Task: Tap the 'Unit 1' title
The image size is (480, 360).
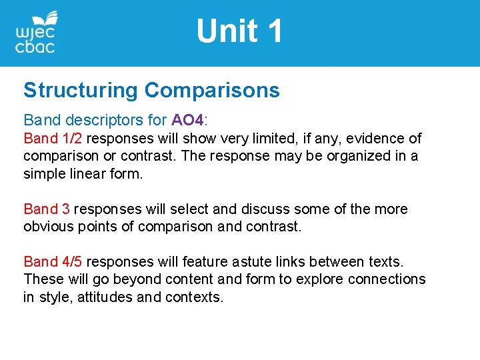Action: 239,31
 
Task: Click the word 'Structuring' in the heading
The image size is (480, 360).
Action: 81,91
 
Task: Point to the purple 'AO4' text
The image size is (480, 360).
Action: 187,121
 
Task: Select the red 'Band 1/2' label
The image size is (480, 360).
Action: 53,139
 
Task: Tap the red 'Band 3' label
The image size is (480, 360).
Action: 47,209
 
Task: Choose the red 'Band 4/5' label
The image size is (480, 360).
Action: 53,262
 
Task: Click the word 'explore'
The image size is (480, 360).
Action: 308,279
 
